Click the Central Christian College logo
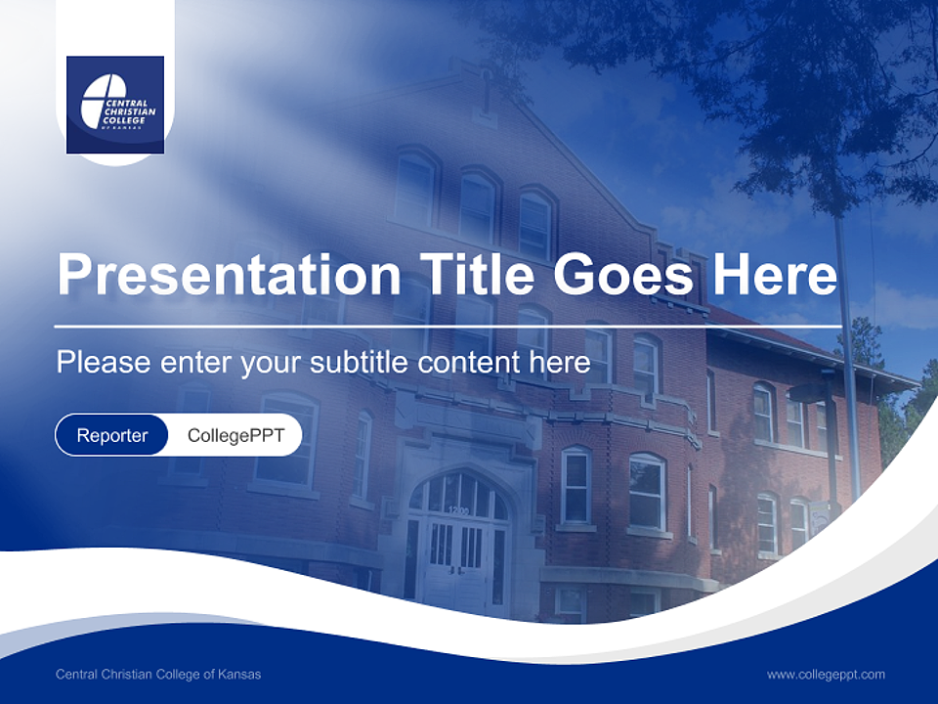[x=115, y=105]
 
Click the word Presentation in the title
[x=229, y=275]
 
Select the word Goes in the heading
[x=623, y=275]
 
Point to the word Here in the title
[x=775, y=275]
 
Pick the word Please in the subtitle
[x=104, y=362]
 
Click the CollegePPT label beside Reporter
[x=235, y=435]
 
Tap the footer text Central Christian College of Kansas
[x=158, y=674]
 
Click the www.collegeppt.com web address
[x=826, y=675]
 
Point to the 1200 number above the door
[x=459, y=510]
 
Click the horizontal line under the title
[x=448, y=327]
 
